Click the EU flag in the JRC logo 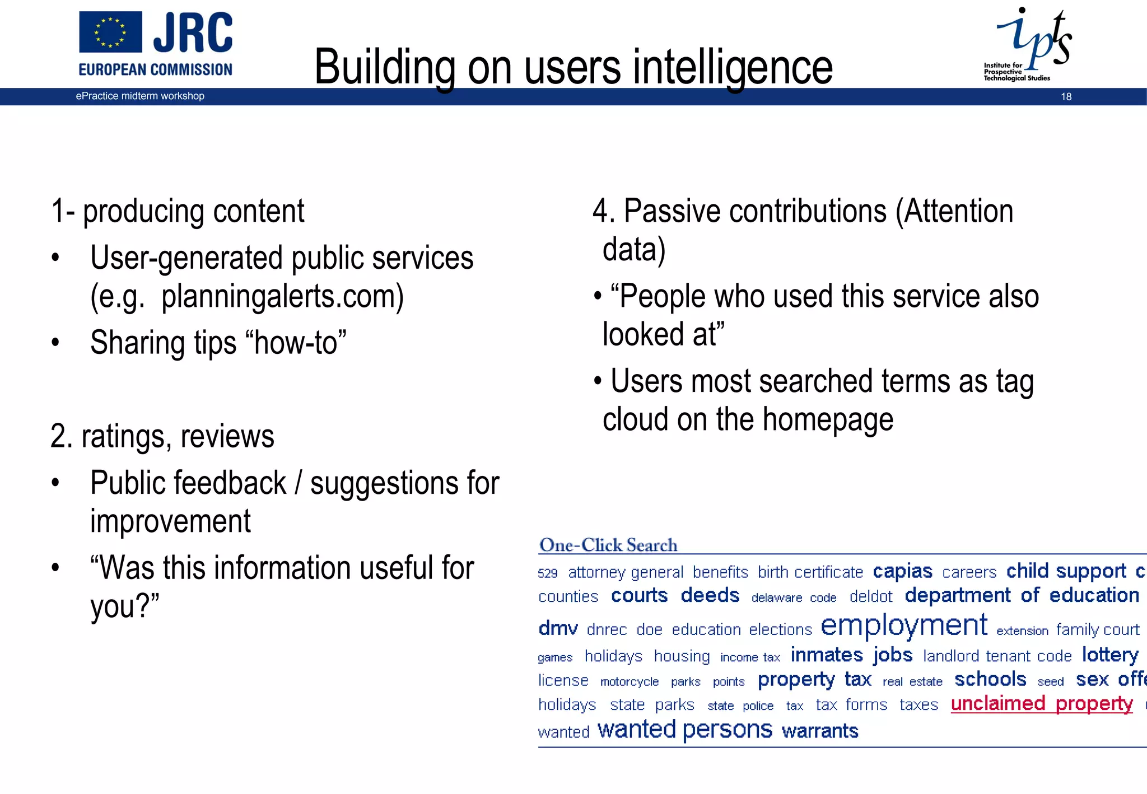pyautogui.click(x=110, y=32)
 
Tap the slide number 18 pyautogui.click(x=1066, y=97)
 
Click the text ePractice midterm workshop pyautogui.click(x=140, y=96)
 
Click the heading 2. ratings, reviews pyautogui.click(x=162, y=436)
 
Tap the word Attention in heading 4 pyautogui.click(x=958, y=212)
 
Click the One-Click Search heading pyautogui.click(x=608, y=545)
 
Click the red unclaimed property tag pyautogui.click(x=1042, y=704)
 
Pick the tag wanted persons pyautogui.click(x=684, y=730)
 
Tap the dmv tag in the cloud pyautogui.click(x=557, y=628)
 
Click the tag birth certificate pyautogui.click(x=810, y=572)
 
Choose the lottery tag pyautogui.click(x=1109, y=655)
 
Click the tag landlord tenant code pyautogui.click(x=997, y=656)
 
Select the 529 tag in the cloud pyautogui.click(x=547, y=573)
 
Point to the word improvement pyautogui.click(x=170, y=521)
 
